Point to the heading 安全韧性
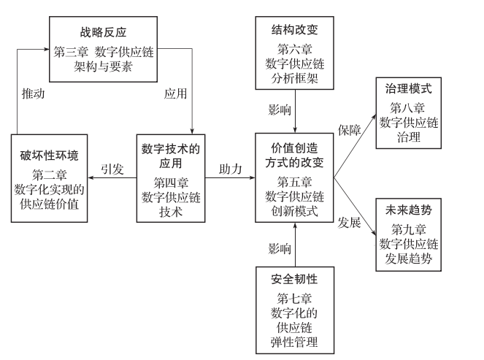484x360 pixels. (x=296, y=280)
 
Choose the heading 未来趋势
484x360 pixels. (x=409, y=210)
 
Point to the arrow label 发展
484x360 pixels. (x=349, y=222)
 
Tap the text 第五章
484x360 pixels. (x=296, y=181)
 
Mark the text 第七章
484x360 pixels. (x=296, y=298)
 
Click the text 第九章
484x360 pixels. (x=409, y=228)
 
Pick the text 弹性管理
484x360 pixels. (x=296, y=342)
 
